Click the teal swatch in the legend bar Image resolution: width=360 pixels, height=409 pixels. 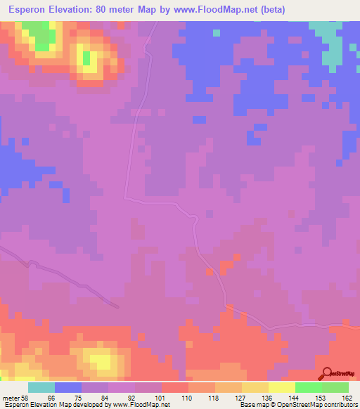(x=41, y=387)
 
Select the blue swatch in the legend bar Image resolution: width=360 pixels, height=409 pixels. (x=68, y=387)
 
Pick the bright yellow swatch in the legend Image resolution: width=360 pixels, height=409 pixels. (x=282, y=387)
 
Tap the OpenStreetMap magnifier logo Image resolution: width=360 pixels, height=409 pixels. (x=326, y=373)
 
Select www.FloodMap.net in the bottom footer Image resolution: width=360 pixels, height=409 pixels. (x=141, y=405)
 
